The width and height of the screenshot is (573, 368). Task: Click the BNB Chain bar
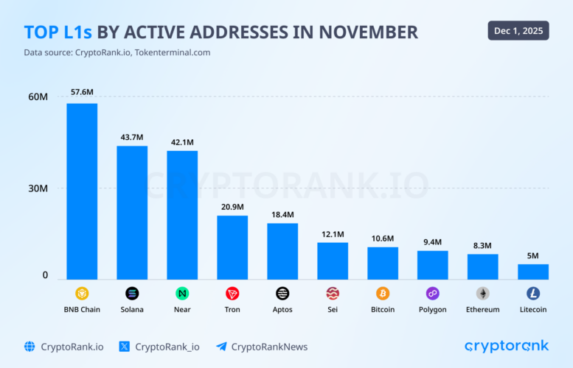[x=82, y=191]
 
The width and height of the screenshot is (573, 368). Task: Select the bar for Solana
[x=132, y=213]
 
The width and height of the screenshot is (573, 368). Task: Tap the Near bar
[x=182, y=215]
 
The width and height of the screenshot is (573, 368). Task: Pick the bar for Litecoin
[x=533, y=272]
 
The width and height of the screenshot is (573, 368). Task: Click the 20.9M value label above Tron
[x=232, y=207]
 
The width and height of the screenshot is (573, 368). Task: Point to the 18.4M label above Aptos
[x=282, y=214]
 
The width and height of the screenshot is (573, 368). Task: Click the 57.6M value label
[x=82, y=93]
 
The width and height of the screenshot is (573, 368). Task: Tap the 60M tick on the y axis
[x=38, y=96]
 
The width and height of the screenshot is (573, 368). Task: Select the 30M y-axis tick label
[x=38, y=188]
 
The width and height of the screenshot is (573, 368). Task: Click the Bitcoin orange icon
[x=383, y=293]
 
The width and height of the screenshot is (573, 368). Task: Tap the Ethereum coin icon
[x=483, y=293]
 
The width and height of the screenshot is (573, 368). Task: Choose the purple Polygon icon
[x=433, y=293]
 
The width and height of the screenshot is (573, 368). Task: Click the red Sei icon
[x=333, y=293]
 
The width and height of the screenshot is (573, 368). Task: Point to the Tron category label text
[x=232, y=310]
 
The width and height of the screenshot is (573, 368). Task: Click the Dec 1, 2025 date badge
[x=518, y=30]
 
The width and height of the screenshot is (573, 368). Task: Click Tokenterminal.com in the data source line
[x=173, y=52]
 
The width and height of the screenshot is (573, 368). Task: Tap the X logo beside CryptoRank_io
[x=124, y=347]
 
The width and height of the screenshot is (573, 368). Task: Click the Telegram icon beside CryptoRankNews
[x=221, y=347]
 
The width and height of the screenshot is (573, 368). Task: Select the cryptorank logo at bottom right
[x=507, y=346]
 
